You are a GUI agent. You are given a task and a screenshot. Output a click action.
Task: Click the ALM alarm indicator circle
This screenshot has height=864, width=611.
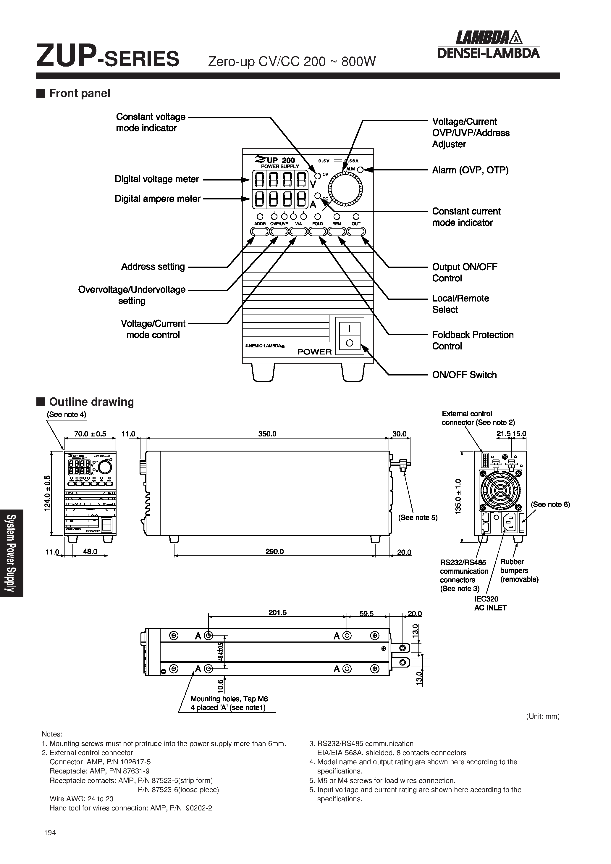pyautogui.click(x=360, y=170)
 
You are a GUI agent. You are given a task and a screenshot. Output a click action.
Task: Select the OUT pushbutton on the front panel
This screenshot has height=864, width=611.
pyautogui.click(x=356, y=231)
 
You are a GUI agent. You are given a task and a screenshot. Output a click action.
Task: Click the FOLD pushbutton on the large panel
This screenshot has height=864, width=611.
pyautogui.click(x=318, y=231)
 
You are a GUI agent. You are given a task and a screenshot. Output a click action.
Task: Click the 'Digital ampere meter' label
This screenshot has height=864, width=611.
pyautogui.click(x=157, y=199)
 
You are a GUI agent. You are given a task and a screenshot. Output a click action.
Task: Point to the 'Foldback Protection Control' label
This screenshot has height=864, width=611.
pyautogui.click(x=473, y=340)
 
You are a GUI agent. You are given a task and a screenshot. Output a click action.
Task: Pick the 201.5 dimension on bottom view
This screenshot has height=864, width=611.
pyautogui.click(x=277, y=612)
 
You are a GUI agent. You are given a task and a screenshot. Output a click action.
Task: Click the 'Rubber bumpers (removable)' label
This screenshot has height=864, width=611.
pyautogui.click(x=519, y=570)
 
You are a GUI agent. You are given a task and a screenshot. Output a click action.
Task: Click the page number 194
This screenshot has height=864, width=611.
pyautogui.click(x=50, y=833)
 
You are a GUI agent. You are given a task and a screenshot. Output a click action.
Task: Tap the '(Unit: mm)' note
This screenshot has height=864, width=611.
pyautogui.click(x=542, y=716)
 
